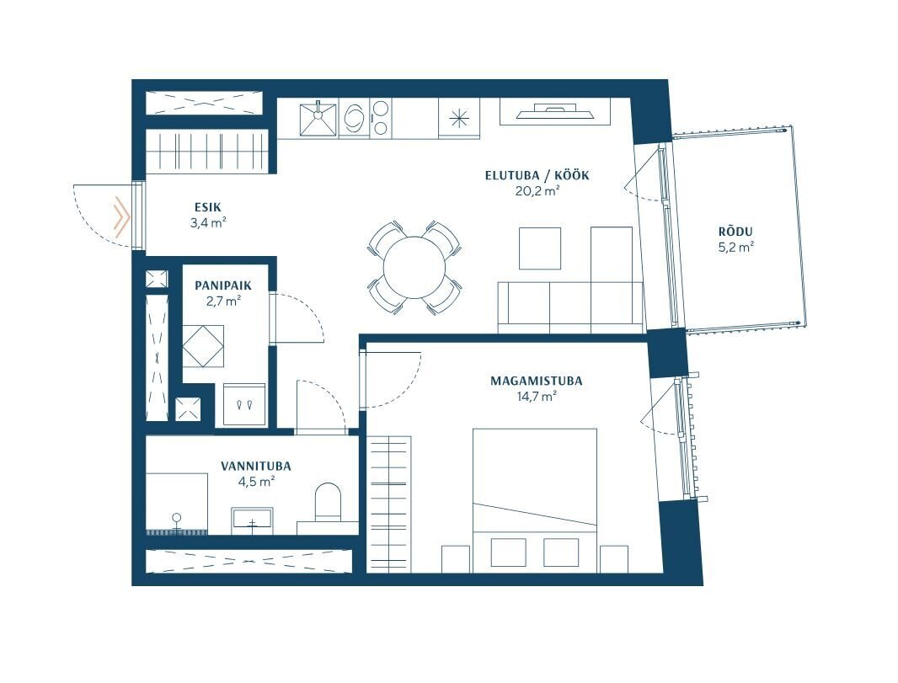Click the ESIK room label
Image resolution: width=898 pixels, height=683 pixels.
coord(207,207)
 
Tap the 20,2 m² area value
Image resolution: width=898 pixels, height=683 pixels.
coord(537,191)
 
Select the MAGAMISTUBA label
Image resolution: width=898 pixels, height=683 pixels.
coord(536,381)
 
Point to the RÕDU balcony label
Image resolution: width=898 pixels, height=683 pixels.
coord(735,232)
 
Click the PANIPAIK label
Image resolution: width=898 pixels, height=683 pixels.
coord(222,285)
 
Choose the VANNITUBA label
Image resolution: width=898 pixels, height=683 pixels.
coord(256,466)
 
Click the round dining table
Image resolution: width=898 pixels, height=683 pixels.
coord(414,267)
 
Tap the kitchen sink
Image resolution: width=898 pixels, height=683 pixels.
coord(318,119)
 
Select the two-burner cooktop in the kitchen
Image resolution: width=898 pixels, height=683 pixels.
coord(381,118)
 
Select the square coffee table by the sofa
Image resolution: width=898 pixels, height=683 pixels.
coord(540,248)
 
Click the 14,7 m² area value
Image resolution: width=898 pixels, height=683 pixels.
coord(537,396)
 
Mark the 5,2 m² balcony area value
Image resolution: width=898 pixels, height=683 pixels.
coord(735,248)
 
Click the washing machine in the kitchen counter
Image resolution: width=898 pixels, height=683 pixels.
coord(355,118)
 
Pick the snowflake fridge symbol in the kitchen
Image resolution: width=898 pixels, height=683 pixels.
coord(459,119)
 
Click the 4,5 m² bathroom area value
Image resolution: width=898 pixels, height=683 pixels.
coord(256,482)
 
